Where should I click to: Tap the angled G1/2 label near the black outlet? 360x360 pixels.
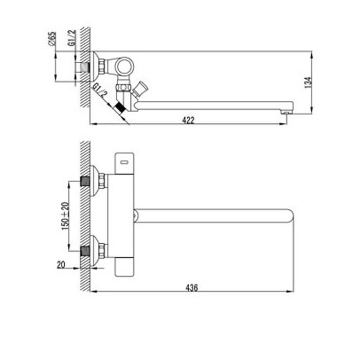coord(100,92)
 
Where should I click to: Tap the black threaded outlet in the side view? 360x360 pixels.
coord(121,107)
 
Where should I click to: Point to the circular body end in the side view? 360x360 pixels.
coord(123,65)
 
